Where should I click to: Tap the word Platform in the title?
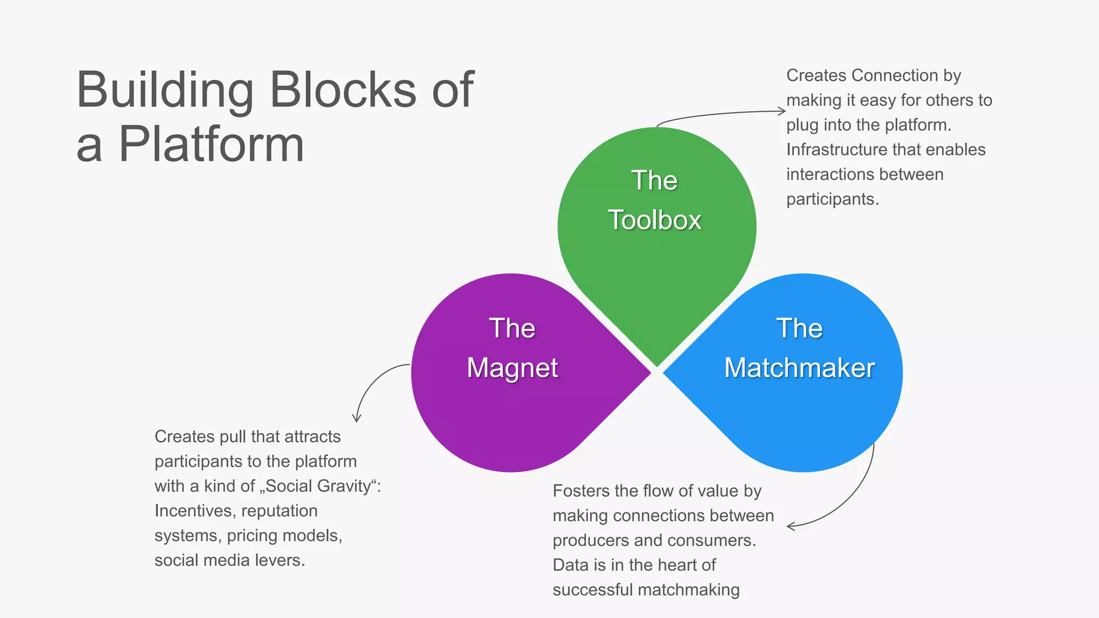coord(211,144)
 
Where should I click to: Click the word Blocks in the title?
coord(342,90)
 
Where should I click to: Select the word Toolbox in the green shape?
coord(654,220)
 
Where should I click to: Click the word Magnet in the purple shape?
coord(512,369)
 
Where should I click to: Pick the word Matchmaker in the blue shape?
coord(799,369)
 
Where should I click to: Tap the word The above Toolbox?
coord(654,180)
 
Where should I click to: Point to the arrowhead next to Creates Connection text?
coord(783,112)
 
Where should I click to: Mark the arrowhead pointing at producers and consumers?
coord(790,526)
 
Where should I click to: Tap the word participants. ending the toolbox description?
coord(832,200)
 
